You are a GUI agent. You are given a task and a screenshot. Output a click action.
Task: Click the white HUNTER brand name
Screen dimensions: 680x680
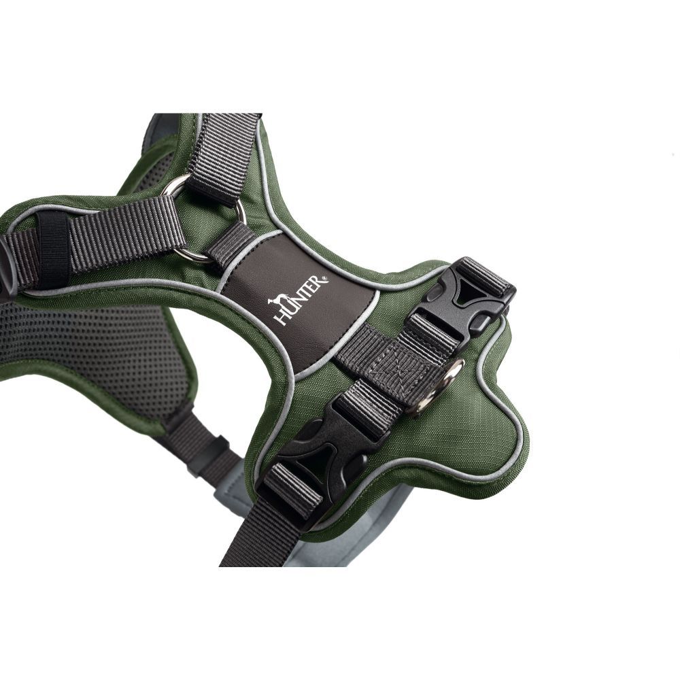click(300, 299)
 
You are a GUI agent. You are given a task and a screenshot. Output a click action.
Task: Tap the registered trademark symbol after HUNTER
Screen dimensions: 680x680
click(326, 277)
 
